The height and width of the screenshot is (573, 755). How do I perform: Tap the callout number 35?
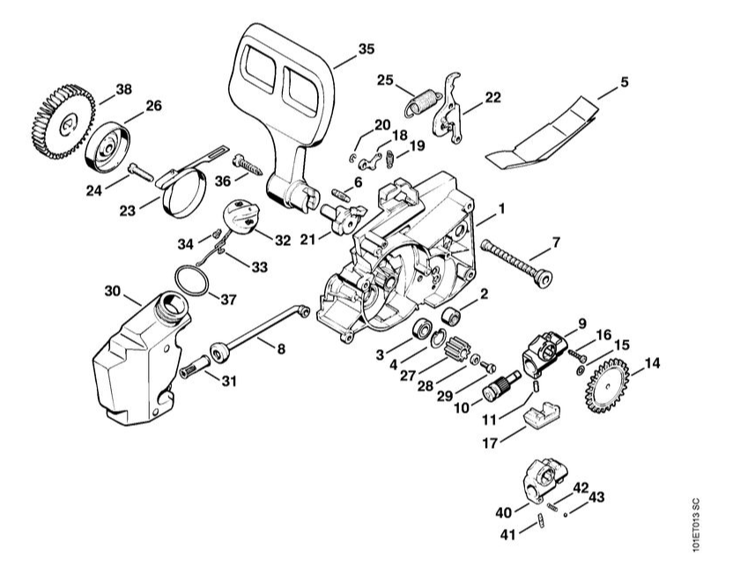coord(366,49)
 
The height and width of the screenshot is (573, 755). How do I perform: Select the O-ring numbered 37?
coord(189,282)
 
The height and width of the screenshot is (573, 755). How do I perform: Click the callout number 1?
coord(501,210)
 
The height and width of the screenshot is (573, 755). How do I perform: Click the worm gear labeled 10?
coord(500,388)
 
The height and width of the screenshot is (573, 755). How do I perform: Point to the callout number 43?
coord(596,497)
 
